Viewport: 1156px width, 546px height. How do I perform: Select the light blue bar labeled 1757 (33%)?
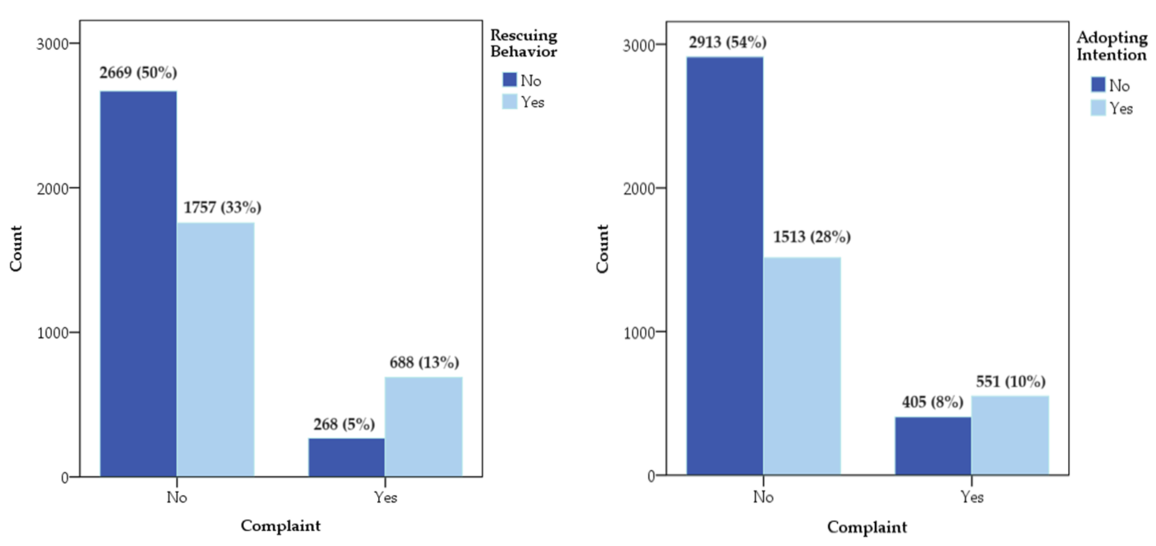pyautogui.click(x=215, y=349)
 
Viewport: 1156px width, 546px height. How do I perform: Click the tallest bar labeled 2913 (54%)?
pyautogui.click(x=725, y=266)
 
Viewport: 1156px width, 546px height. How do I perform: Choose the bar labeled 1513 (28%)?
pyautogui.click(x=802, y=366)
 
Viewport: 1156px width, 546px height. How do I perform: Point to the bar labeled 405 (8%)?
pyautogui.click(x=933, y=445)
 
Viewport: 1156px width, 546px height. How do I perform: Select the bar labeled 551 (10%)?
pyautogui.click(x=1010, y=435)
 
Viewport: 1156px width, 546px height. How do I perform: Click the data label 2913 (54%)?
pyautogui.click(x=728, y=42)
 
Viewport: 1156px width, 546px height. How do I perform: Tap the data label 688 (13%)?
pyautogui.click(x=424, y=362)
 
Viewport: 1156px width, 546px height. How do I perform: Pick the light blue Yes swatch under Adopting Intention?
pyautogui.click(x=1098, y=108)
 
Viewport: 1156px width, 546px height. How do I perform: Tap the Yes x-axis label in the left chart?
pyautogui.click(x=386, y=497)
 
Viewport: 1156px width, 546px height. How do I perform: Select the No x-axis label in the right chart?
pyautogui.click(x=763, y=497)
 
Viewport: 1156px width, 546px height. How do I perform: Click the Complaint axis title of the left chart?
pyautogui.click(x=281, y=525)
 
